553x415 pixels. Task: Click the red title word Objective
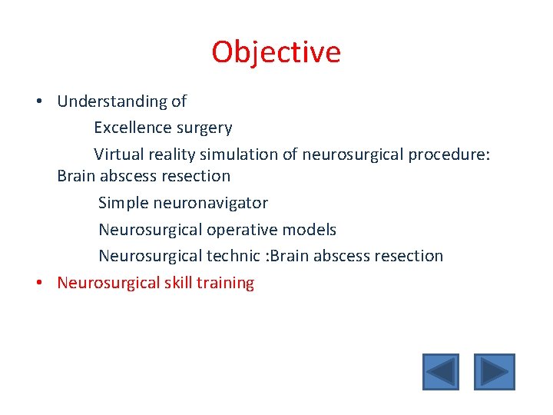[276, 52]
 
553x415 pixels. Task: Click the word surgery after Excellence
[205, 128]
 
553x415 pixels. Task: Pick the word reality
[171, 154]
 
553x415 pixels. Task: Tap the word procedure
[449, 154]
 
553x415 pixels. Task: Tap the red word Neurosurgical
[108, 283]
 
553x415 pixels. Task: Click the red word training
[225, 283]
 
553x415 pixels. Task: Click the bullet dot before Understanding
[38, 102]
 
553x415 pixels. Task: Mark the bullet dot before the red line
[38, 284]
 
